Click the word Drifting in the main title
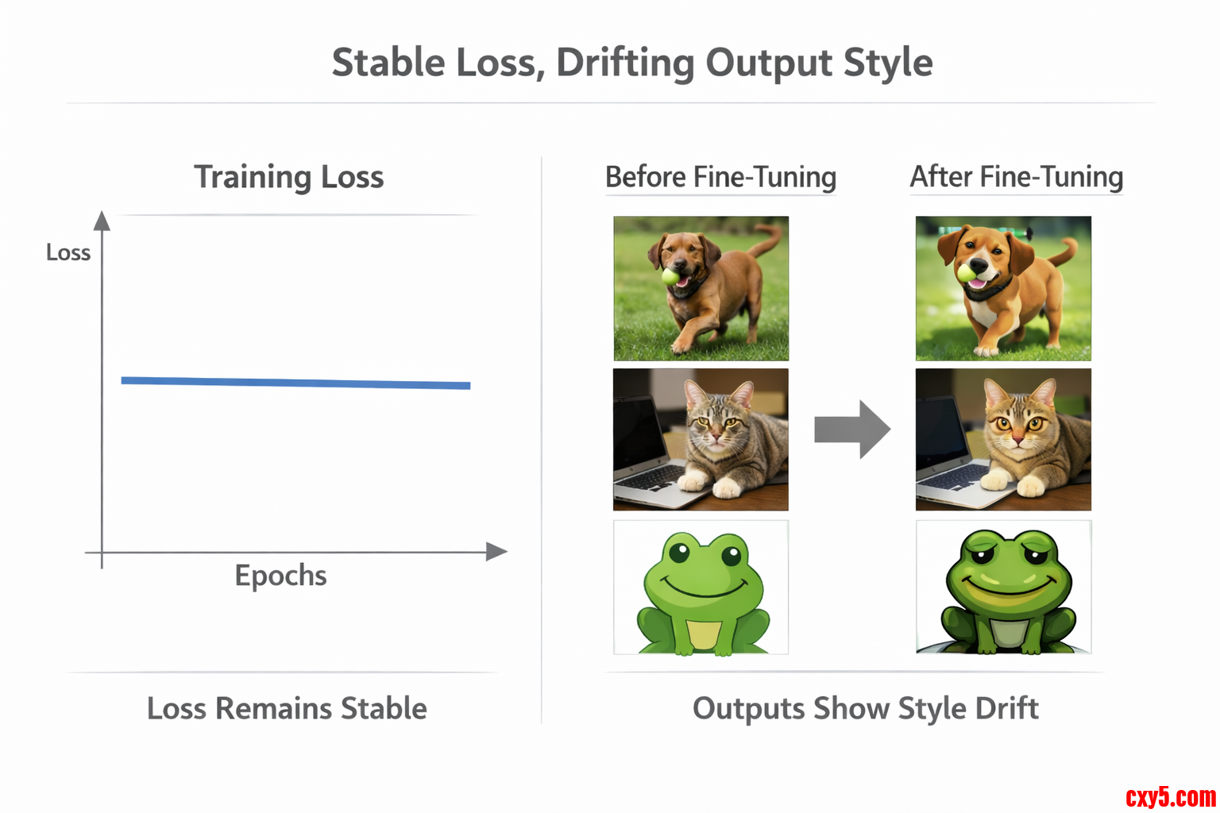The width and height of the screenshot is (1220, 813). tap(625, 64)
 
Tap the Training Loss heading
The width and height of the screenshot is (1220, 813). tap(288, 178)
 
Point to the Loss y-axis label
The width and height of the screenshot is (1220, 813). tap(68, 252)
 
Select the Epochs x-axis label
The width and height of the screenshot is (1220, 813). tap(280, 576)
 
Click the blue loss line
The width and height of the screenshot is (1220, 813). tap(295, 383)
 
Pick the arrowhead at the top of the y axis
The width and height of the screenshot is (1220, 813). tap(102, 221)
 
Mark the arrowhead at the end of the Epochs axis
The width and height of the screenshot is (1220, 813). tap(496, 552)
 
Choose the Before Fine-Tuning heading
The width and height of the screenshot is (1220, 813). tap(720, 177)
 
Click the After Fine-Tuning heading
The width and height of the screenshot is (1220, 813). tap(1017, 177)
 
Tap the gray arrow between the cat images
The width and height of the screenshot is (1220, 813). tap(852, 430)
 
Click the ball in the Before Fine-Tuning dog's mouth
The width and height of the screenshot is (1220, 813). tap(670, 276)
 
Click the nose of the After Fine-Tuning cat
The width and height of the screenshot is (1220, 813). tap(1017, 438)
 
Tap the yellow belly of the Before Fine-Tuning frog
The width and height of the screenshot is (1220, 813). tap(704, 634)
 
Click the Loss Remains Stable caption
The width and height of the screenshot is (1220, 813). tap(287, 708)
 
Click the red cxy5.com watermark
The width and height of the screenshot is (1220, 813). tap(1171, 797)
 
